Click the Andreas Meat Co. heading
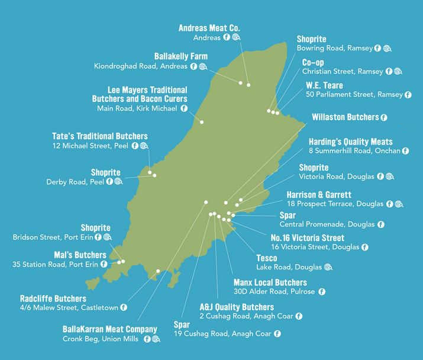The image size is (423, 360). point(209,28)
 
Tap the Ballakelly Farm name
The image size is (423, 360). point(181,56)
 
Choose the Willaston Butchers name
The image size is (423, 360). point(345,117)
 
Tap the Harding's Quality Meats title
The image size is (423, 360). point(350,142)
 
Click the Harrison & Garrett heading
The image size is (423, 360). point(319,194)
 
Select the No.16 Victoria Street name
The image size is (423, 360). point(303,238)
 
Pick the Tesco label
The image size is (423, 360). point(267,258)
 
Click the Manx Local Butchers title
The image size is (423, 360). point(270,282)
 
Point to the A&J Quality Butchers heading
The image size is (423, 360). point(237,307)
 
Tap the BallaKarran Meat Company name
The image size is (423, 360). point(110,329)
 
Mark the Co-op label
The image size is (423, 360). point(313,62)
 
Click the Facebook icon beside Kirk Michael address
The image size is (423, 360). point(183,108)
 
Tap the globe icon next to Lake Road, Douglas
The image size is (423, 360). point(328,267)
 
